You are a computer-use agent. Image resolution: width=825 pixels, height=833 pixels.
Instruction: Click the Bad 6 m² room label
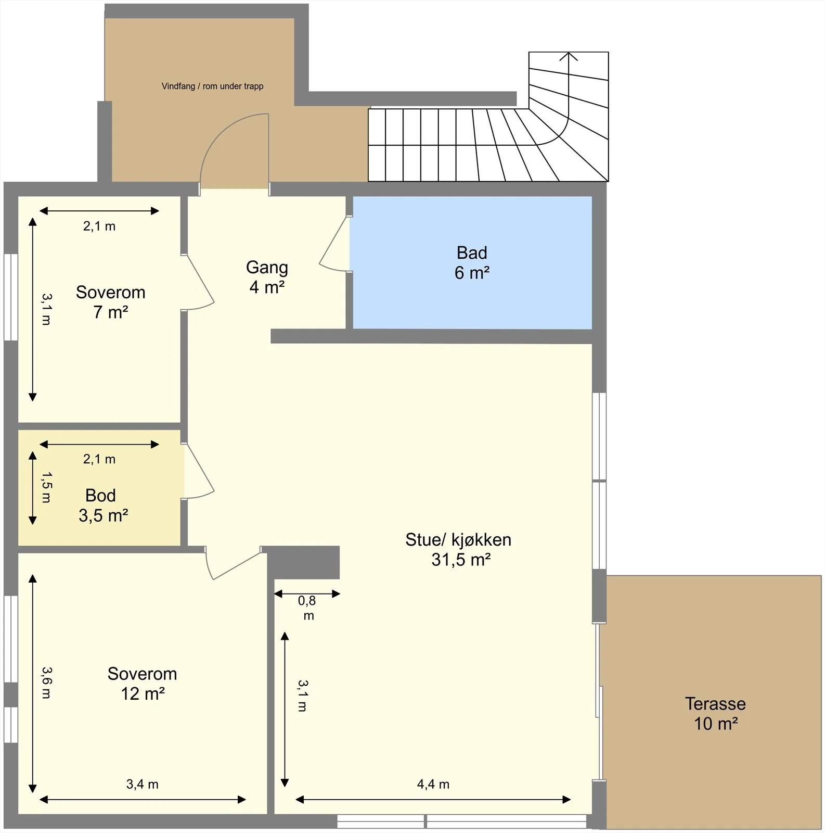(472, 262)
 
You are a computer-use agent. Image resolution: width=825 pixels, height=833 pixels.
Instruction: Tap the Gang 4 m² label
(267, 277)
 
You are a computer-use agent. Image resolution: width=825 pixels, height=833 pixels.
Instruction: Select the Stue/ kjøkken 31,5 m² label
(458, 549)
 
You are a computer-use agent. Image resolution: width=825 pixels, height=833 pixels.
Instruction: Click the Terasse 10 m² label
(715, 713)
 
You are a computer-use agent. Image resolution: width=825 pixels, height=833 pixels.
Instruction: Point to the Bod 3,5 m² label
(103, 505)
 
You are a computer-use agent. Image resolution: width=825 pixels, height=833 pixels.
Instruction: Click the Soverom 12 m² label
(142, 684)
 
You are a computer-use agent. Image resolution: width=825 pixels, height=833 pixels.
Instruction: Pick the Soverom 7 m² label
(110, 302)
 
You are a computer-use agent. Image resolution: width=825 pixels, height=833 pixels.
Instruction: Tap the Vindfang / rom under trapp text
(212, 86)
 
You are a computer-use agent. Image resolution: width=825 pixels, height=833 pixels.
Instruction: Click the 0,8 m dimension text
(307, 608)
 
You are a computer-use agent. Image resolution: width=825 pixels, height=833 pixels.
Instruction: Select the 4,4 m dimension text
(433, 784)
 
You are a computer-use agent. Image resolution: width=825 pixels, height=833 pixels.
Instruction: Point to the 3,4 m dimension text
(142, 784)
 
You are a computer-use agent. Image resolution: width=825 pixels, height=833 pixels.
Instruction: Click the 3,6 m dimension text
(46, 683)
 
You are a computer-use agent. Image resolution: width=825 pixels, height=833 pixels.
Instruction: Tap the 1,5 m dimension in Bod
(46, 487)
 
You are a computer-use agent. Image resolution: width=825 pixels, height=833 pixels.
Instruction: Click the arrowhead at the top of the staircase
(569, 56)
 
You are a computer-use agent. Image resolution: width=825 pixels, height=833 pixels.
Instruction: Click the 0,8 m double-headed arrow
(307, 594)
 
